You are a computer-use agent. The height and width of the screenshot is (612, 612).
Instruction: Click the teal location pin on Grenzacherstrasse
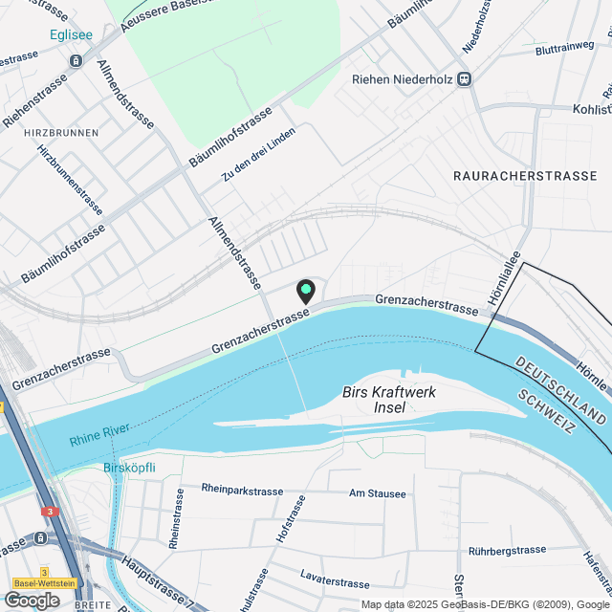click(306, 290)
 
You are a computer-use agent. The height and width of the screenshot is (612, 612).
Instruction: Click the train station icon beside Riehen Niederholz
click(465, 79)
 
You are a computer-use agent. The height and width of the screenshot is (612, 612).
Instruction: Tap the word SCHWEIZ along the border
click(542, 413)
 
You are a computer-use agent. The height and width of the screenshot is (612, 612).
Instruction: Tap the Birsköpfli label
click(128, 469)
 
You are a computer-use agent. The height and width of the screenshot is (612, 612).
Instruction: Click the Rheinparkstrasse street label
click(242, 490)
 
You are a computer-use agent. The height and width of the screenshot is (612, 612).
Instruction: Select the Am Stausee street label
click(378, 494)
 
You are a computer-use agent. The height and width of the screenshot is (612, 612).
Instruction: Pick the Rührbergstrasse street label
click(507, 551)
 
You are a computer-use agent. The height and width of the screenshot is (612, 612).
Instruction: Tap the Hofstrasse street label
click(291, 519)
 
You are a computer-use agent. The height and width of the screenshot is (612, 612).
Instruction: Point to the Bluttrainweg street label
click(565, 47)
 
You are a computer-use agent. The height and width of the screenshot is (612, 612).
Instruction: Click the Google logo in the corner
click(32, 600)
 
